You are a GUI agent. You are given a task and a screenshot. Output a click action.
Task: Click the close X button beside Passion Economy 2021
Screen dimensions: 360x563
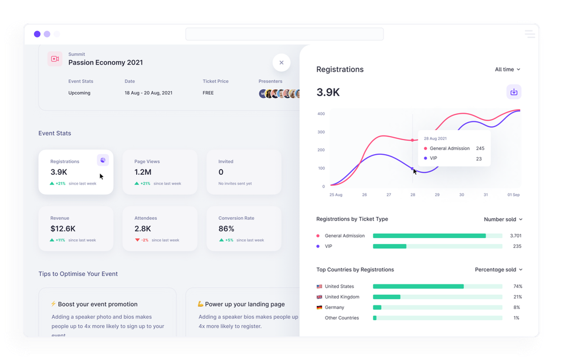[281, 63]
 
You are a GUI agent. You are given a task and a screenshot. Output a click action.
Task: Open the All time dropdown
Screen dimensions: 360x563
[507, 69]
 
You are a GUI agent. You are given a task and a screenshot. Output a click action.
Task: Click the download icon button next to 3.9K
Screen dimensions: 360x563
[514, 92]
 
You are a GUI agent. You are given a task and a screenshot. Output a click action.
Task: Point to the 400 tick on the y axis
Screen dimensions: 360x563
[321, 113]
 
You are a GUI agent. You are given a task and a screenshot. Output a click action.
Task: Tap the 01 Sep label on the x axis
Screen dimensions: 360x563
[513, 195]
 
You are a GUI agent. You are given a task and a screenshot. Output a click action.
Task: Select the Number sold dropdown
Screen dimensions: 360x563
[503, 219]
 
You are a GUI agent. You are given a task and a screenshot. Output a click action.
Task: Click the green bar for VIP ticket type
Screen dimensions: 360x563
[389, 246]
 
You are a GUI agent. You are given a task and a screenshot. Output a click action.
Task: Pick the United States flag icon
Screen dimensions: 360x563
[320, 286]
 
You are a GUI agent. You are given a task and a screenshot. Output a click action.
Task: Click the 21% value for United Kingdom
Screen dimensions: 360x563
[517, 297]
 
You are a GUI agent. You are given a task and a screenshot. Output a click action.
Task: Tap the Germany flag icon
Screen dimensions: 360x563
[320, 307]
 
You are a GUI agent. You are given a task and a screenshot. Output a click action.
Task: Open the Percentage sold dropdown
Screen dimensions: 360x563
[498, 270]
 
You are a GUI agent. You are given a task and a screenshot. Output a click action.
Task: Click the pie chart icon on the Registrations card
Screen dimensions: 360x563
[103, 160]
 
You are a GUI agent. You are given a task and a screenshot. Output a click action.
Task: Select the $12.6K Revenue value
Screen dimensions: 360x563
[63, 229]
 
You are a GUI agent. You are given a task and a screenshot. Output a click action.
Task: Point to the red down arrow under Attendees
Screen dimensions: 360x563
[137, 240]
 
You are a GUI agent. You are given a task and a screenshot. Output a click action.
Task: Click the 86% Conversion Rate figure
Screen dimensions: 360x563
[226, 229]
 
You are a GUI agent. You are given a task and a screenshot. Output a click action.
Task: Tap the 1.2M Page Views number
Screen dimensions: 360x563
[143, 172]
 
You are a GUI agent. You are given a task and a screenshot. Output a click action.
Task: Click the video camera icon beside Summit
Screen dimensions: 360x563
[55, 59]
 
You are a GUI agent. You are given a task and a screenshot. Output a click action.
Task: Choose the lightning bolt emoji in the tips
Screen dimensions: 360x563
[53, 304]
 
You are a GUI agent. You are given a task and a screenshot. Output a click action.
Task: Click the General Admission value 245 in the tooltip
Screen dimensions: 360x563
[480, 148]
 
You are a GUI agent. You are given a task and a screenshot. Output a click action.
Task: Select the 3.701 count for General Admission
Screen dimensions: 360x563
[515, 236]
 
